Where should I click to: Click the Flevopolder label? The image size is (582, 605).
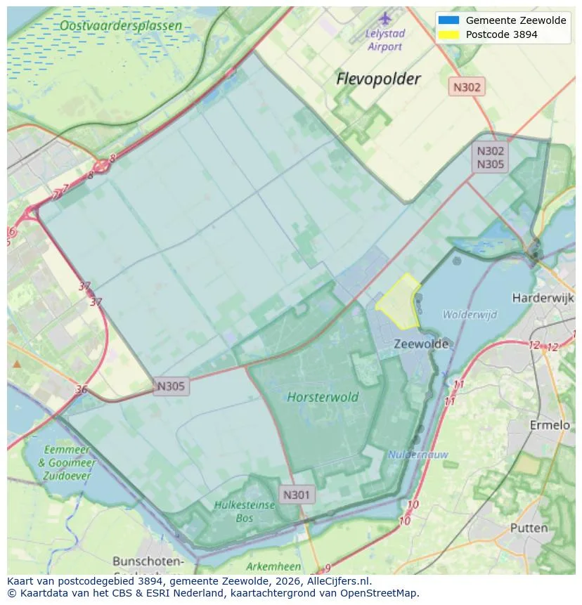coord(378,78)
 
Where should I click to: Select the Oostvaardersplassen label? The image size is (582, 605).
coord(121,26)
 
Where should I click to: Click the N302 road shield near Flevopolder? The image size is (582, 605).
coord(467,87)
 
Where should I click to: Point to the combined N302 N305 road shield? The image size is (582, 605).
coord(491,157)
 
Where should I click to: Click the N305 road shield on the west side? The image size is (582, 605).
coord(171,386)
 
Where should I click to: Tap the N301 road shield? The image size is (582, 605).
coord(296,495)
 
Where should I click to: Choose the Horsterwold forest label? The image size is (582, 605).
coord(323,397)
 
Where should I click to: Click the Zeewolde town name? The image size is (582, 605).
coord(421,344)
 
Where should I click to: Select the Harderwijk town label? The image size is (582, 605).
coord(543,298)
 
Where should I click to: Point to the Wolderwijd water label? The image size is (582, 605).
coord(470,314)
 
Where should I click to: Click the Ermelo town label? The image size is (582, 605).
coord(549,425)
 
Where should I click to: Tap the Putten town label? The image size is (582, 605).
coord(529,528)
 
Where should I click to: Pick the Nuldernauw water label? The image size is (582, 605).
coord(418,455)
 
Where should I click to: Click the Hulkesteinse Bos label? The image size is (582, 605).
coord(244,512)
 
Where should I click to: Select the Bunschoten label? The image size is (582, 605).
coord(148,561)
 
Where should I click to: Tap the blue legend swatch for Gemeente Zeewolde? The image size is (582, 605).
coord(448,20)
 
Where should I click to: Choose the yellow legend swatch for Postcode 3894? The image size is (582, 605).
coord(448,34)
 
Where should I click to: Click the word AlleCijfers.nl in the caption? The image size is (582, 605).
coord(335,581)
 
